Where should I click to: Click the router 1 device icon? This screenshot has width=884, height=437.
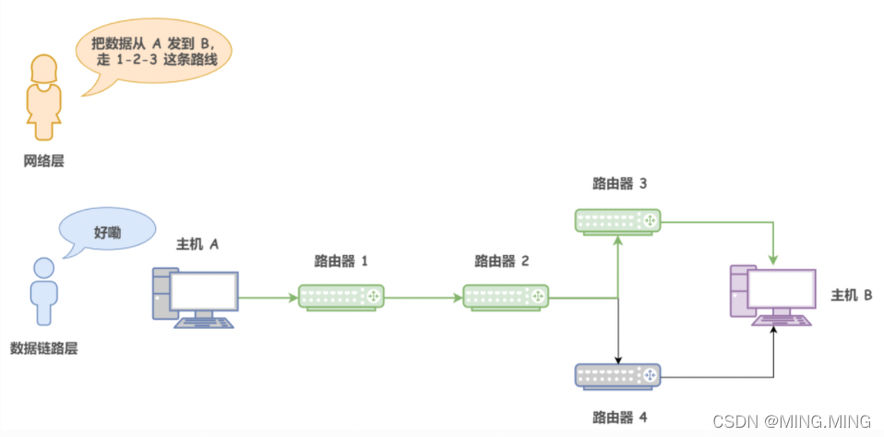(341, 297)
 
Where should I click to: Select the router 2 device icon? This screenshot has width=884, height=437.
(505, 297)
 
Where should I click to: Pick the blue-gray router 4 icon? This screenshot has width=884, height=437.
(619, 374)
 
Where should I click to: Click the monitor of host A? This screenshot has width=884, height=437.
(205, 291)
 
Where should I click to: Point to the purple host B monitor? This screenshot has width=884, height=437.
(781, 290)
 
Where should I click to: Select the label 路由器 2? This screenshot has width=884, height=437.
(502, 261)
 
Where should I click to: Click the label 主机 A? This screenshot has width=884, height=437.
(197, 244)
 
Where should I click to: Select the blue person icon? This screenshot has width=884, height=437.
(42, 292)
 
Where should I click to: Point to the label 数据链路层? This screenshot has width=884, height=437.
(42, 348)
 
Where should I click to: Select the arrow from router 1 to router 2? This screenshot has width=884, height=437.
(423, 297)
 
